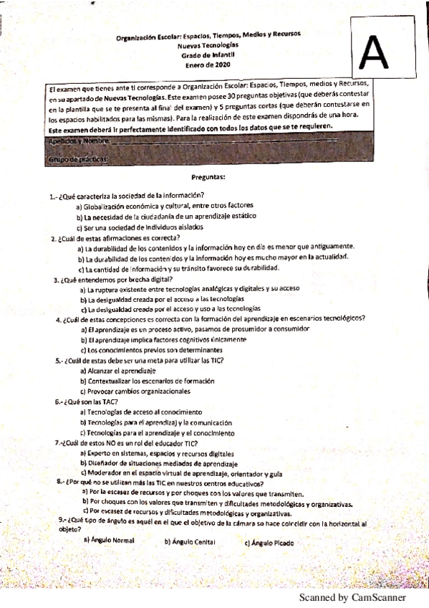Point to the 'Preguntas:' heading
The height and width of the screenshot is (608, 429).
(x=209, y=176)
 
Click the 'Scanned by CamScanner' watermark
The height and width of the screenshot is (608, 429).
(x=352, y=597)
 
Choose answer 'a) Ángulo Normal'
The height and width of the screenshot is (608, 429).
(x=109, y=539)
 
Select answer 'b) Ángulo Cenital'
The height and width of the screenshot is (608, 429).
(x=190, y=542)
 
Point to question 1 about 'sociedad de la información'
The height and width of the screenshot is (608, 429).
(x=127, y=195)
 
